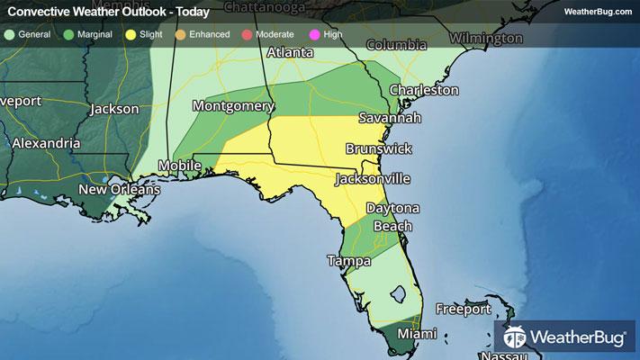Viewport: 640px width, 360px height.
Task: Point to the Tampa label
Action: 348,262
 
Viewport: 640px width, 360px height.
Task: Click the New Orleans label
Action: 119,190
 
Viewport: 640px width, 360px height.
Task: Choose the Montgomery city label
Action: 233,106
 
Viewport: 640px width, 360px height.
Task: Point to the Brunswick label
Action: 379,148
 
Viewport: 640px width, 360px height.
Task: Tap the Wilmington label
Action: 485,39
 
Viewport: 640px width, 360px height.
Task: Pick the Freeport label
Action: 464,310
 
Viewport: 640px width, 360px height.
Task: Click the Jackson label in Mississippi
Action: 114,109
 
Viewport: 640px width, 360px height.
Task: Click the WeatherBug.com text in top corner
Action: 598,12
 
